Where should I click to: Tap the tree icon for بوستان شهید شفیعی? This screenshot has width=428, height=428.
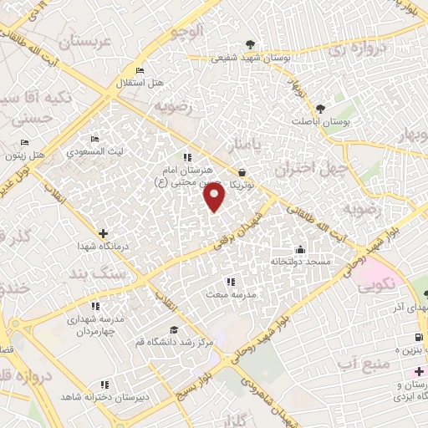pyautogui.click(x=249, y=46)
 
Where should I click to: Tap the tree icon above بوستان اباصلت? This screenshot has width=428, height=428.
pyautogui.click(x=320, y=108)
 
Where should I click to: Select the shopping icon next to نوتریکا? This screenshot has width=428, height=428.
pyautogui.click(x=242, y=171)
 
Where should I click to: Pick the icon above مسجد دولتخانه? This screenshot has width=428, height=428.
pyautogui.click(x=300, y=249)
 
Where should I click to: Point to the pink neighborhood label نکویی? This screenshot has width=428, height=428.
pyautogui.click(x=380, y=285)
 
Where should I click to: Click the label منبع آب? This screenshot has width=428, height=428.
pyautogui.click(x=359, y=364)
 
